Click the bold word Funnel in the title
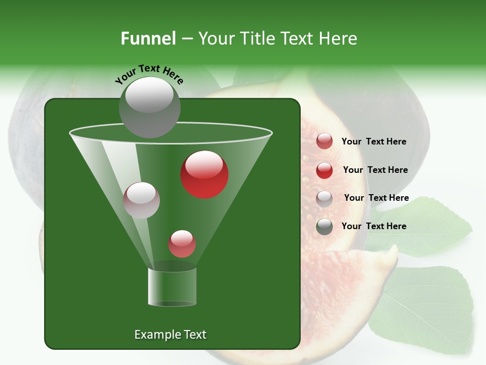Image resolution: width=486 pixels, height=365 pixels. coord(148,39)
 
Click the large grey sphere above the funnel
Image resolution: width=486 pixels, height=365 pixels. coord(149,107)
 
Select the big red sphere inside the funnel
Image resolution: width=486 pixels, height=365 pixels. coord(205,174)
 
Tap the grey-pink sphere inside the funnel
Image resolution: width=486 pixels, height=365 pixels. coord(141,200)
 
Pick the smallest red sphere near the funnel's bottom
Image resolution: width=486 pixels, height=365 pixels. coord(182,244)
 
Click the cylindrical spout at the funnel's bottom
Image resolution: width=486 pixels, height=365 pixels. coord(172,286)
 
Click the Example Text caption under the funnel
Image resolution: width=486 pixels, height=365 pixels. coord(170,335)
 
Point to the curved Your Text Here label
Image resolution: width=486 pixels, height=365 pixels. coord(149,74)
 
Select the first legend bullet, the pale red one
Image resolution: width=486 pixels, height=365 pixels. coord(325,141)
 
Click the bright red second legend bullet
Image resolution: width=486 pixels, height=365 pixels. coord(325,170)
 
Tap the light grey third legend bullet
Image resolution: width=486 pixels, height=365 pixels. coord(325,199)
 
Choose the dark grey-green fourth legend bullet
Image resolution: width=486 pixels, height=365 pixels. coord(325,227)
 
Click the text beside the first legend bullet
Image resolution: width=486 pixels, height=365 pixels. coord(374,141)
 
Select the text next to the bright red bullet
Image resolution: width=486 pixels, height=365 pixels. coord(375,170)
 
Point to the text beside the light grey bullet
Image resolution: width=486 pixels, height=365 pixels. coord(376,198)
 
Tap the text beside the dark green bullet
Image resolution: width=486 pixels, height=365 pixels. coord(374,226)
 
